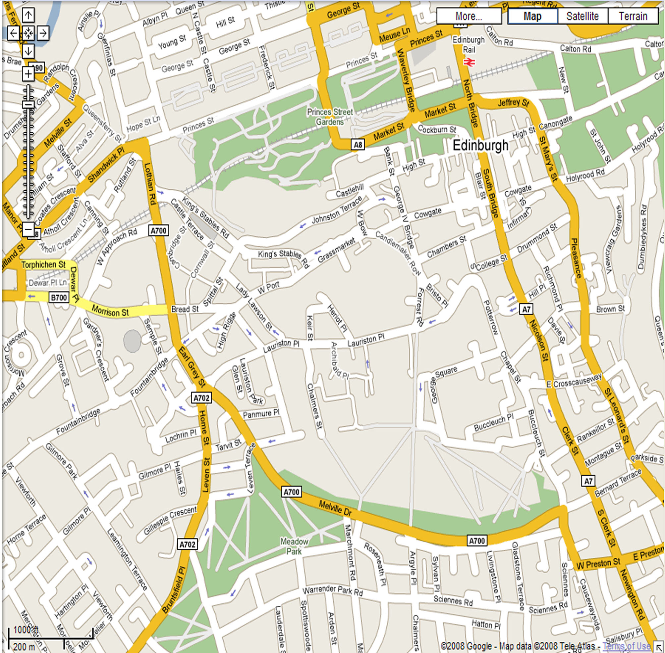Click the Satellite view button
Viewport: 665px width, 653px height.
coord(582,16)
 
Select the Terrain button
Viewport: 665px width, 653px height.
coord(633,16)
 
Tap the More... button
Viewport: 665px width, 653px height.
coord(469,16)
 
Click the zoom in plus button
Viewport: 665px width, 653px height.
coord(28,74)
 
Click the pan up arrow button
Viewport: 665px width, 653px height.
coord(28,15)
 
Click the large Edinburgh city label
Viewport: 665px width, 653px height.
coord(480,145)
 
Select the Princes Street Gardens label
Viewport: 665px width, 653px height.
coord(330,117)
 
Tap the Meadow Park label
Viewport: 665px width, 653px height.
coord(294,546)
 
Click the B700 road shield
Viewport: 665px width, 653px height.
coord(59,297)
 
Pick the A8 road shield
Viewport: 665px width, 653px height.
coord(358,145)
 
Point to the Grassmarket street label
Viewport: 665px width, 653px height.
coord(336,250)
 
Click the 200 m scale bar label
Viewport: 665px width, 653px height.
coord(24,647)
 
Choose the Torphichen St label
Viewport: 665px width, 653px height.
coord(43,265)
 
